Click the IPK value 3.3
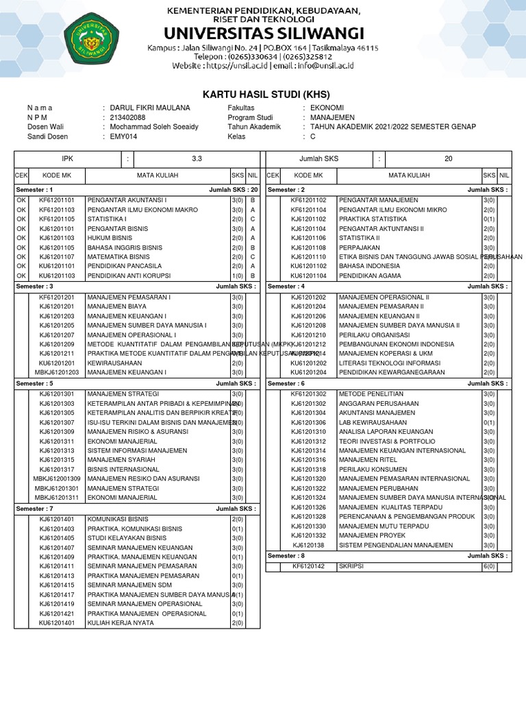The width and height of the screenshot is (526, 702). (197, 159)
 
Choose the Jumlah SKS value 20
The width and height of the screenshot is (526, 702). (449, 159)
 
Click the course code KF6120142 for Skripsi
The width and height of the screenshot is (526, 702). (308, 566)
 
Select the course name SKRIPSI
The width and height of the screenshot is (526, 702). (351, 566)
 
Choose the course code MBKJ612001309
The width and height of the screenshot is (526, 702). (57, 478)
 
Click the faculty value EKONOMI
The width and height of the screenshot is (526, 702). (327, 108)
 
